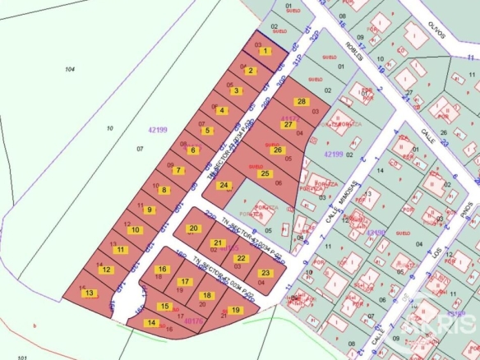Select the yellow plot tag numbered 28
(302, 102)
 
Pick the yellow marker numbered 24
(223, 185)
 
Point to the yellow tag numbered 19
(236, 311)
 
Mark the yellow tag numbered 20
(193, 228)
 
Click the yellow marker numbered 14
(151, 323)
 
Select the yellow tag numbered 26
(277, 150)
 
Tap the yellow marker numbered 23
(265, 273)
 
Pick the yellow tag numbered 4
(221, 110)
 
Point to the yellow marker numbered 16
(162, 269)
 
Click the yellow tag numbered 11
(121, 249)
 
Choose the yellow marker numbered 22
(240, 258)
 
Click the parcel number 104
(69, 70)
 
